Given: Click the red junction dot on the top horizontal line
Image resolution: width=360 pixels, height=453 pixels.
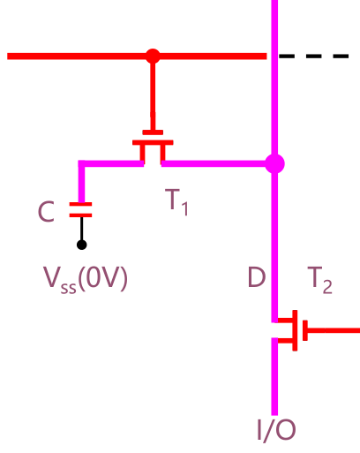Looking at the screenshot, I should pos(153,56).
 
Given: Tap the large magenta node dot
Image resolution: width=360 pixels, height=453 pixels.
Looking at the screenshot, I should pos(274,163).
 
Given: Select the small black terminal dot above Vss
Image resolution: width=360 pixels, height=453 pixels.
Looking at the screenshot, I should pos(81,245).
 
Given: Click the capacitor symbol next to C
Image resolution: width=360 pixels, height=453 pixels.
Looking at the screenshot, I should pos(81,210).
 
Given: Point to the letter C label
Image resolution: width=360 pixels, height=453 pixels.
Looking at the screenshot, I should pos(48,212).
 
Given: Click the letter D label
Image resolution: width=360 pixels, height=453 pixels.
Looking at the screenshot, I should pos(256,279).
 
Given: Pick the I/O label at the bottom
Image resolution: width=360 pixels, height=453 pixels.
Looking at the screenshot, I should pos(275,430).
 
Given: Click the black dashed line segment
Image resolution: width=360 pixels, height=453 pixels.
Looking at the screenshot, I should pos(314,56).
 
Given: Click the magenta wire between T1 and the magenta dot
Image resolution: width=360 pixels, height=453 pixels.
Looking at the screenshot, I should pos(216,163).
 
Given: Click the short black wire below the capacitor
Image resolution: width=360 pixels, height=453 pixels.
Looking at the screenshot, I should pos(81,229).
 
